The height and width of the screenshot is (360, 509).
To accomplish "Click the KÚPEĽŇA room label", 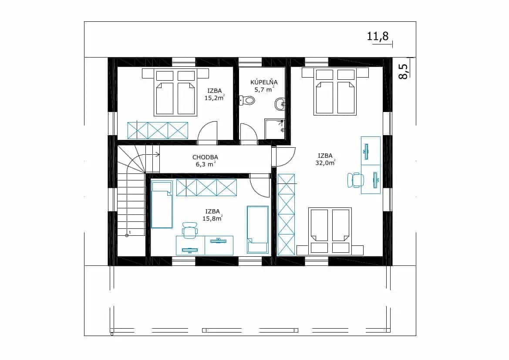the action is coord(263,82).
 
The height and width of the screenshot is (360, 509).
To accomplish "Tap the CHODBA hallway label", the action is coord(205,157).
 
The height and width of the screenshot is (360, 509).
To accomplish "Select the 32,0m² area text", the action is coord(325,163).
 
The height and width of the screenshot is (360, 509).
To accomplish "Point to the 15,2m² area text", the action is coord(214,98).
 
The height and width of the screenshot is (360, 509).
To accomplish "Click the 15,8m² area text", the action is coord(212,218).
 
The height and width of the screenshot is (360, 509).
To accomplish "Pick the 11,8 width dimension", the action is coord(378,36).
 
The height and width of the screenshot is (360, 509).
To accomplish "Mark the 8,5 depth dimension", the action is coord(403,71).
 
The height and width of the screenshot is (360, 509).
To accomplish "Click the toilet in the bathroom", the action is coord(247,100).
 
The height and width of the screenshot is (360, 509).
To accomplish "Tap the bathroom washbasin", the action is coord(280,104).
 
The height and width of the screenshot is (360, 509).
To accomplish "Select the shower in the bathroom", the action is coord(275,129).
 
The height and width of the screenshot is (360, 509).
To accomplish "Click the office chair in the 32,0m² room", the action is coord(355,180).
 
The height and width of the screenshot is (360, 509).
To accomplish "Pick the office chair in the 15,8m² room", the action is coord(189,230).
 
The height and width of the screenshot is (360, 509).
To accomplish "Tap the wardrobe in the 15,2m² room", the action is coord(158,131).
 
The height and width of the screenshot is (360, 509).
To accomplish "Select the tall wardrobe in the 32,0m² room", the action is coord(287,214).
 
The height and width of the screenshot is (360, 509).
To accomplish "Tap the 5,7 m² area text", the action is coord(264,90).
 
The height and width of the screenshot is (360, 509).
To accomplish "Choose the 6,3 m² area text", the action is coord(206,164).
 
